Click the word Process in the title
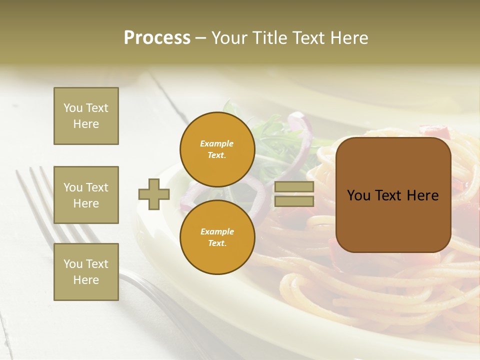click(x=157, y=37)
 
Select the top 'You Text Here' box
click(x=86, y=116)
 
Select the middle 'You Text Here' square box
click(x=86, y=195)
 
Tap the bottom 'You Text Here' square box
click(x=86, y=271)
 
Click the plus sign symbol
click(x=154, y=194)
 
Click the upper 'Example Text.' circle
click(x=217, y=149)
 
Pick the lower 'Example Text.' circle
click(x=217, y=237)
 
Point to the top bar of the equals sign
click(x=294, y=186)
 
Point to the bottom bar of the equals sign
click(x=294, y=201)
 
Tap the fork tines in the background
click(x=35, y=190)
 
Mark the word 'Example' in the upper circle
click(x=217, y=143)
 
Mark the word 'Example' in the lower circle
click(x=217, y=231)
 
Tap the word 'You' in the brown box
click(x=358, y=195)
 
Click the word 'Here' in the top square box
click(x=86, y=124)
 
